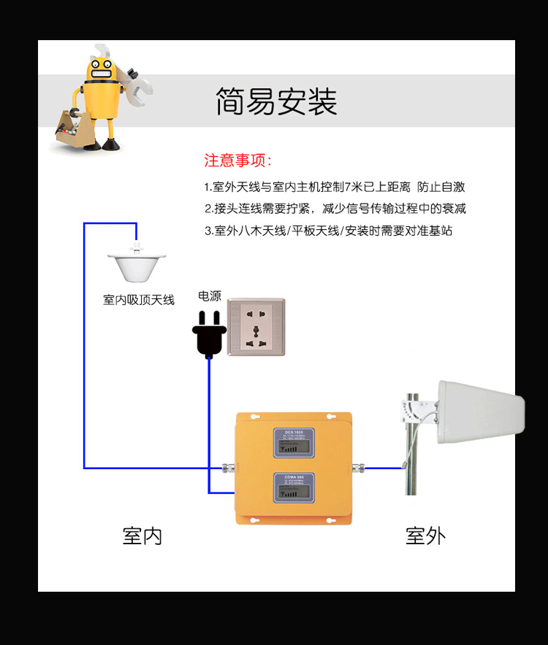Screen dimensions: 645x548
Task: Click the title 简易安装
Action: (x=276, y=101)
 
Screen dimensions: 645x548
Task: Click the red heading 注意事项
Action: (x=237, y=161)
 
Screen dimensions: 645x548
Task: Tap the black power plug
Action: (x=209, y=335)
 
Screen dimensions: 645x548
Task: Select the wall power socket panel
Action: (x=256, y=326)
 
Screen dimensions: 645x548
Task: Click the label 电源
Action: (x=210, y=296)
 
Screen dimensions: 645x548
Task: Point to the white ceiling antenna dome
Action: (x=137, y=267)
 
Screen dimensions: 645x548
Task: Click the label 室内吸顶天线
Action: (x=139, y=300)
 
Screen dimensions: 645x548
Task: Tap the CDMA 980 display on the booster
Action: (x=294, y=488)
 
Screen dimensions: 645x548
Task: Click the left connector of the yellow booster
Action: (x=227, y=467)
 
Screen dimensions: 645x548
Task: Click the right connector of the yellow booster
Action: (x=359, y=467)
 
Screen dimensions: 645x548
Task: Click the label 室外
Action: (x=425, y=536)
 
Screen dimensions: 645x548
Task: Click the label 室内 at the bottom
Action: (x=142, y=536)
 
